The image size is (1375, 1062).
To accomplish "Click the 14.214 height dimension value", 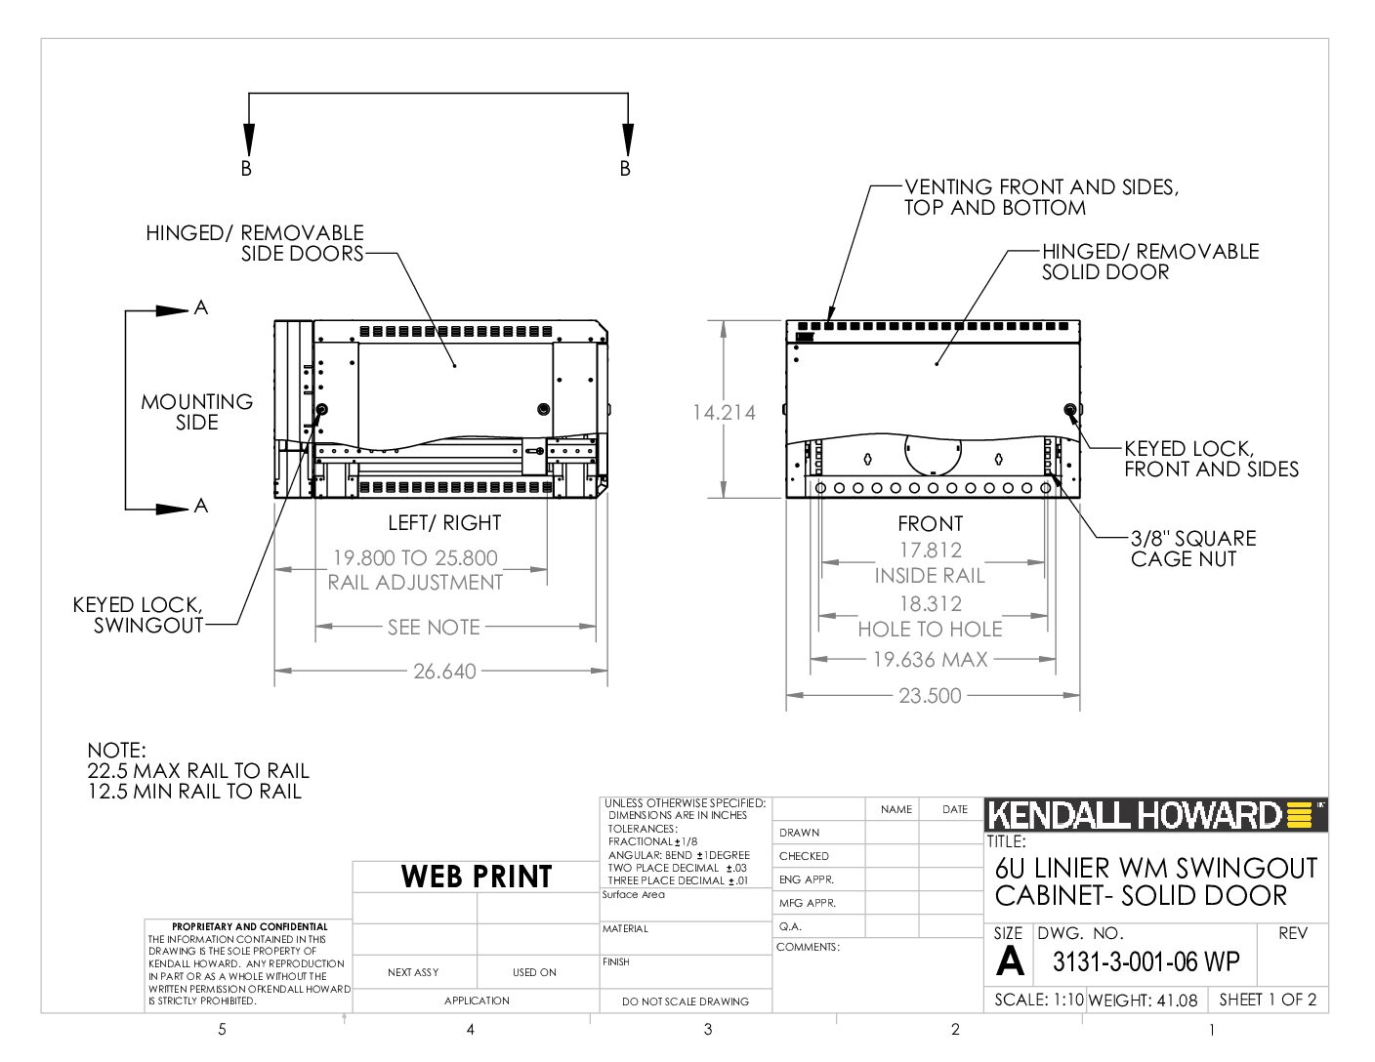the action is pos(724,412).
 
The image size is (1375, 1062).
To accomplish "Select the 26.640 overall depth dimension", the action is pos(444,672).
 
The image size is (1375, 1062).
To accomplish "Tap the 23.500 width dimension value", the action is pos(930,696).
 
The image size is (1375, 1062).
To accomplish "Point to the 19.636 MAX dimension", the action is pos(930,660).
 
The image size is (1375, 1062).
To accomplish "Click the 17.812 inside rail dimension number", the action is pos(930,551).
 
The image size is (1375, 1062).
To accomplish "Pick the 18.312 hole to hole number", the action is pos(930,604).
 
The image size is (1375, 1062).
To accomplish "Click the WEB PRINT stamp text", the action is pos(476,877).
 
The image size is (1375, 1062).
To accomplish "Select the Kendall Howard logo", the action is pos(1155,815).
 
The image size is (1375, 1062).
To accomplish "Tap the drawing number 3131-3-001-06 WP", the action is pos(1146,962).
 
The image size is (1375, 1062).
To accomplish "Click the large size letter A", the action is pos(1009,961).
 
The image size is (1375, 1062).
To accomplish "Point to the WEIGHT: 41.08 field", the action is pos(1143,1000).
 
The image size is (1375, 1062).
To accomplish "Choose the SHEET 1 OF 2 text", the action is pos(1268,1000).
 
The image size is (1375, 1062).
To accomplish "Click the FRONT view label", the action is pos(930,524).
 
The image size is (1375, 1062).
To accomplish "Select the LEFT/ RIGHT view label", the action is pos(444,523).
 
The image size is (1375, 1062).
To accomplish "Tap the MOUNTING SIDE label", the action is pos(197,412).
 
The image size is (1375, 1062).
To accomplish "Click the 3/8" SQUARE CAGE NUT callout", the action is pos(1193,549).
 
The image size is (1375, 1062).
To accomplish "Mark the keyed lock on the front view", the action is pos(1070,409).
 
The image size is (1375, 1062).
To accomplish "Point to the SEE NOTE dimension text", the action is pos(434,628).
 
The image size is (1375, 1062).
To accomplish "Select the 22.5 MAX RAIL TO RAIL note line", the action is pos(198,771).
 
